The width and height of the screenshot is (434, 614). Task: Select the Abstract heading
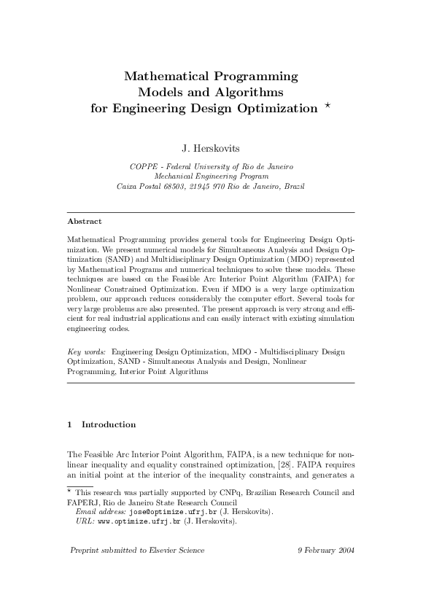point(84,221)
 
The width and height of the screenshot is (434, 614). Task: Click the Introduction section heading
point(108,424)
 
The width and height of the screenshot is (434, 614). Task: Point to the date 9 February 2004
point(326,550)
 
